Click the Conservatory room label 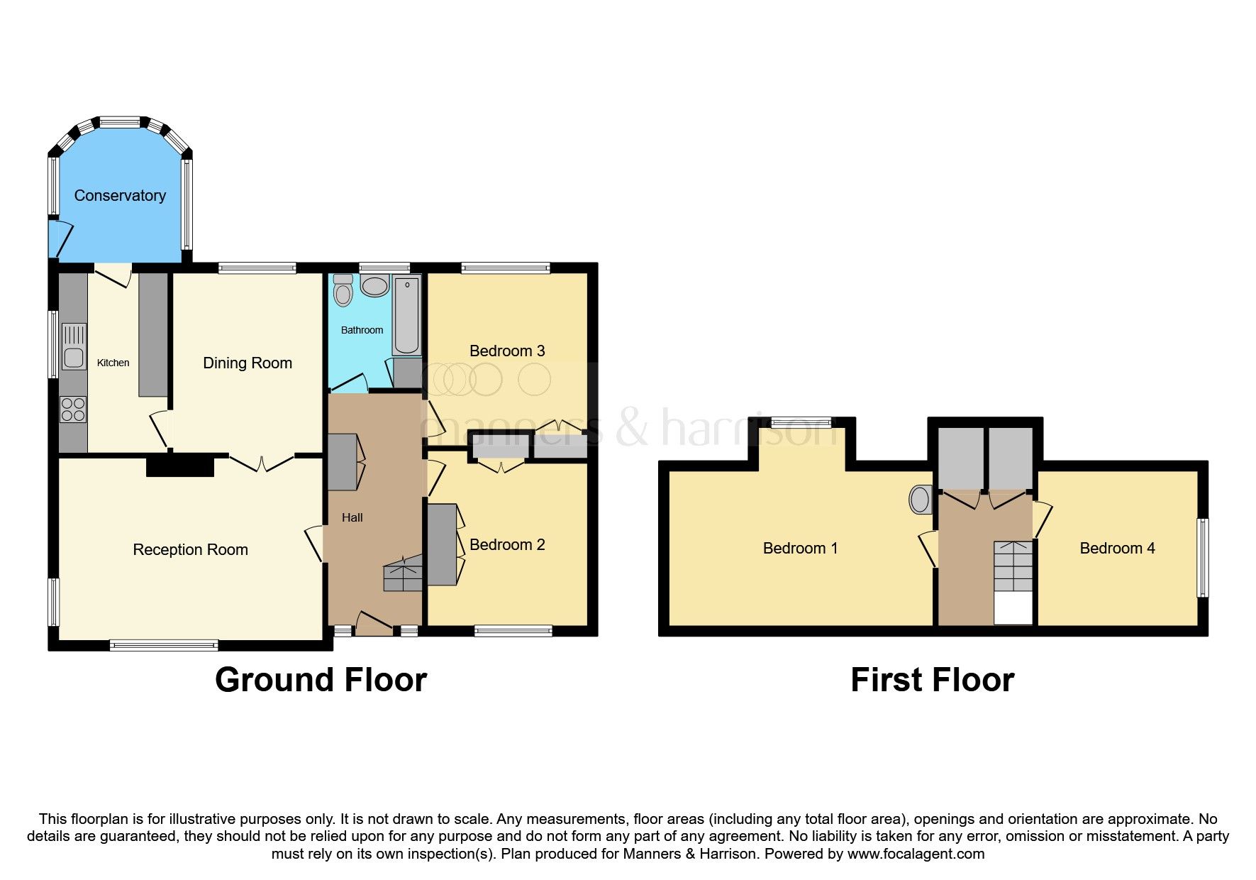[x=120, y=196]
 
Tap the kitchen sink [x=74, y=346]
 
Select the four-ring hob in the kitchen [x=73, y=409]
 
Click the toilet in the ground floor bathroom [x=343, y=290]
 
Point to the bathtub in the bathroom [x=406, y=317]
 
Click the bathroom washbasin [x=374, y=285]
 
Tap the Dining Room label [x=248, y=363]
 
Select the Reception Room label [x=190, y=550]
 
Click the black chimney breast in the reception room [x=180, y=466]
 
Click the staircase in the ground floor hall [x=403, y=574]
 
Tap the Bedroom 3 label [x=507, y=351]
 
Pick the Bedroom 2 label [x=507, y=545]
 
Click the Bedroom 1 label [x=800, y=549]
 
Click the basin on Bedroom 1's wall [x=920, y=500]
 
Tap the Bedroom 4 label [x=1117, y=549]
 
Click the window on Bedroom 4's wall [x=1202, y=558]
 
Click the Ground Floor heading [x=321, y=680]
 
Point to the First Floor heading [x=932, y=680]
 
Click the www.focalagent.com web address [x=916, y=854]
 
